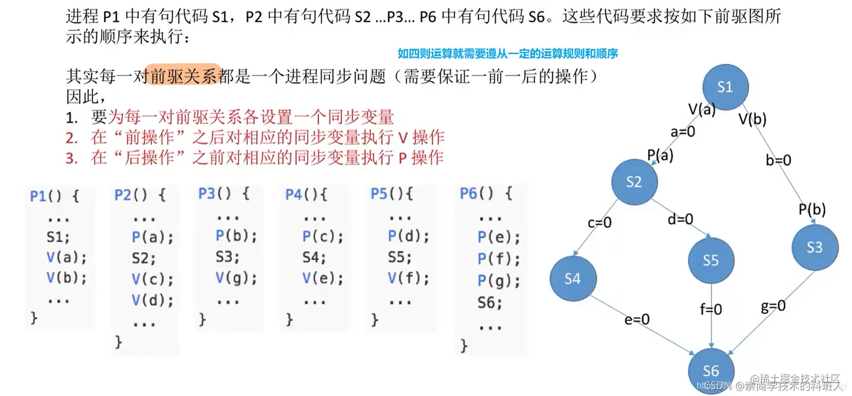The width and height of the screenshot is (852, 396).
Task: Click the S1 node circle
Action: pos(725,87)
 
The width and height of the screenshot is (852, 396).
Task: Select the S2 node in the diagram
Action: pos(634,181)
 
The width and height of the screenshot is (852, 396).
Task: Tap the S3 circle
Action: pos(814,247)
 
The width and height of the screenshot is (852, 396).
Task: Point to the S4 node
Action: pos(573,278)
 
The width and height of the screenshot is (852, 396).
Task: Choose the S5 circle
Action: pos(711,260)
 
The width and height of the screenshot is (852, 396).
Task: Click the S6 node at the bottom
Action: pos(711,370)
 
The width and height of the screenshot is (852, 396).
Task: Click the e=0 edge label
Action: pos(637,319)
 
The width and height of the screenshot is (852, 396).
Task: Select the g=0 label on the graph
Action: pos(773,306)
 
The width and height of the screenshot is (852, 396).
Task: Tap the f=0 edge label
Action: pos(711,309)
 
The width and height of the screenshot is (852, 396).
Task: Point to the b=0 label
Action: pos(779,160)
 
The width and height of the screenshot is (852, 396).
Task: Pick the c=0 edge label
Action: pos(599,223)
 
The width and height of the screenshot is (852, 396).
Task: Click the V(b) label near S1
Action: pos(752,119)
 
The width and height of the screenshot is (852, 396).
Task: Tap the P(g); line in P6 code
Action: pos(499,279)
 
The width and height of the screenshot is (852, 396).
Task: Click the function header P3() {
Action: pos(224,193)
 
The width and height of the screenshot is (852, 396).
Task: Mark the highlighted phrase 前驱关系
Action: pos(183,76)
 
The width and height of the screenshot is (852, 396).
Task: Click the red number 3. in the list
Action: pos(70,158)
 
